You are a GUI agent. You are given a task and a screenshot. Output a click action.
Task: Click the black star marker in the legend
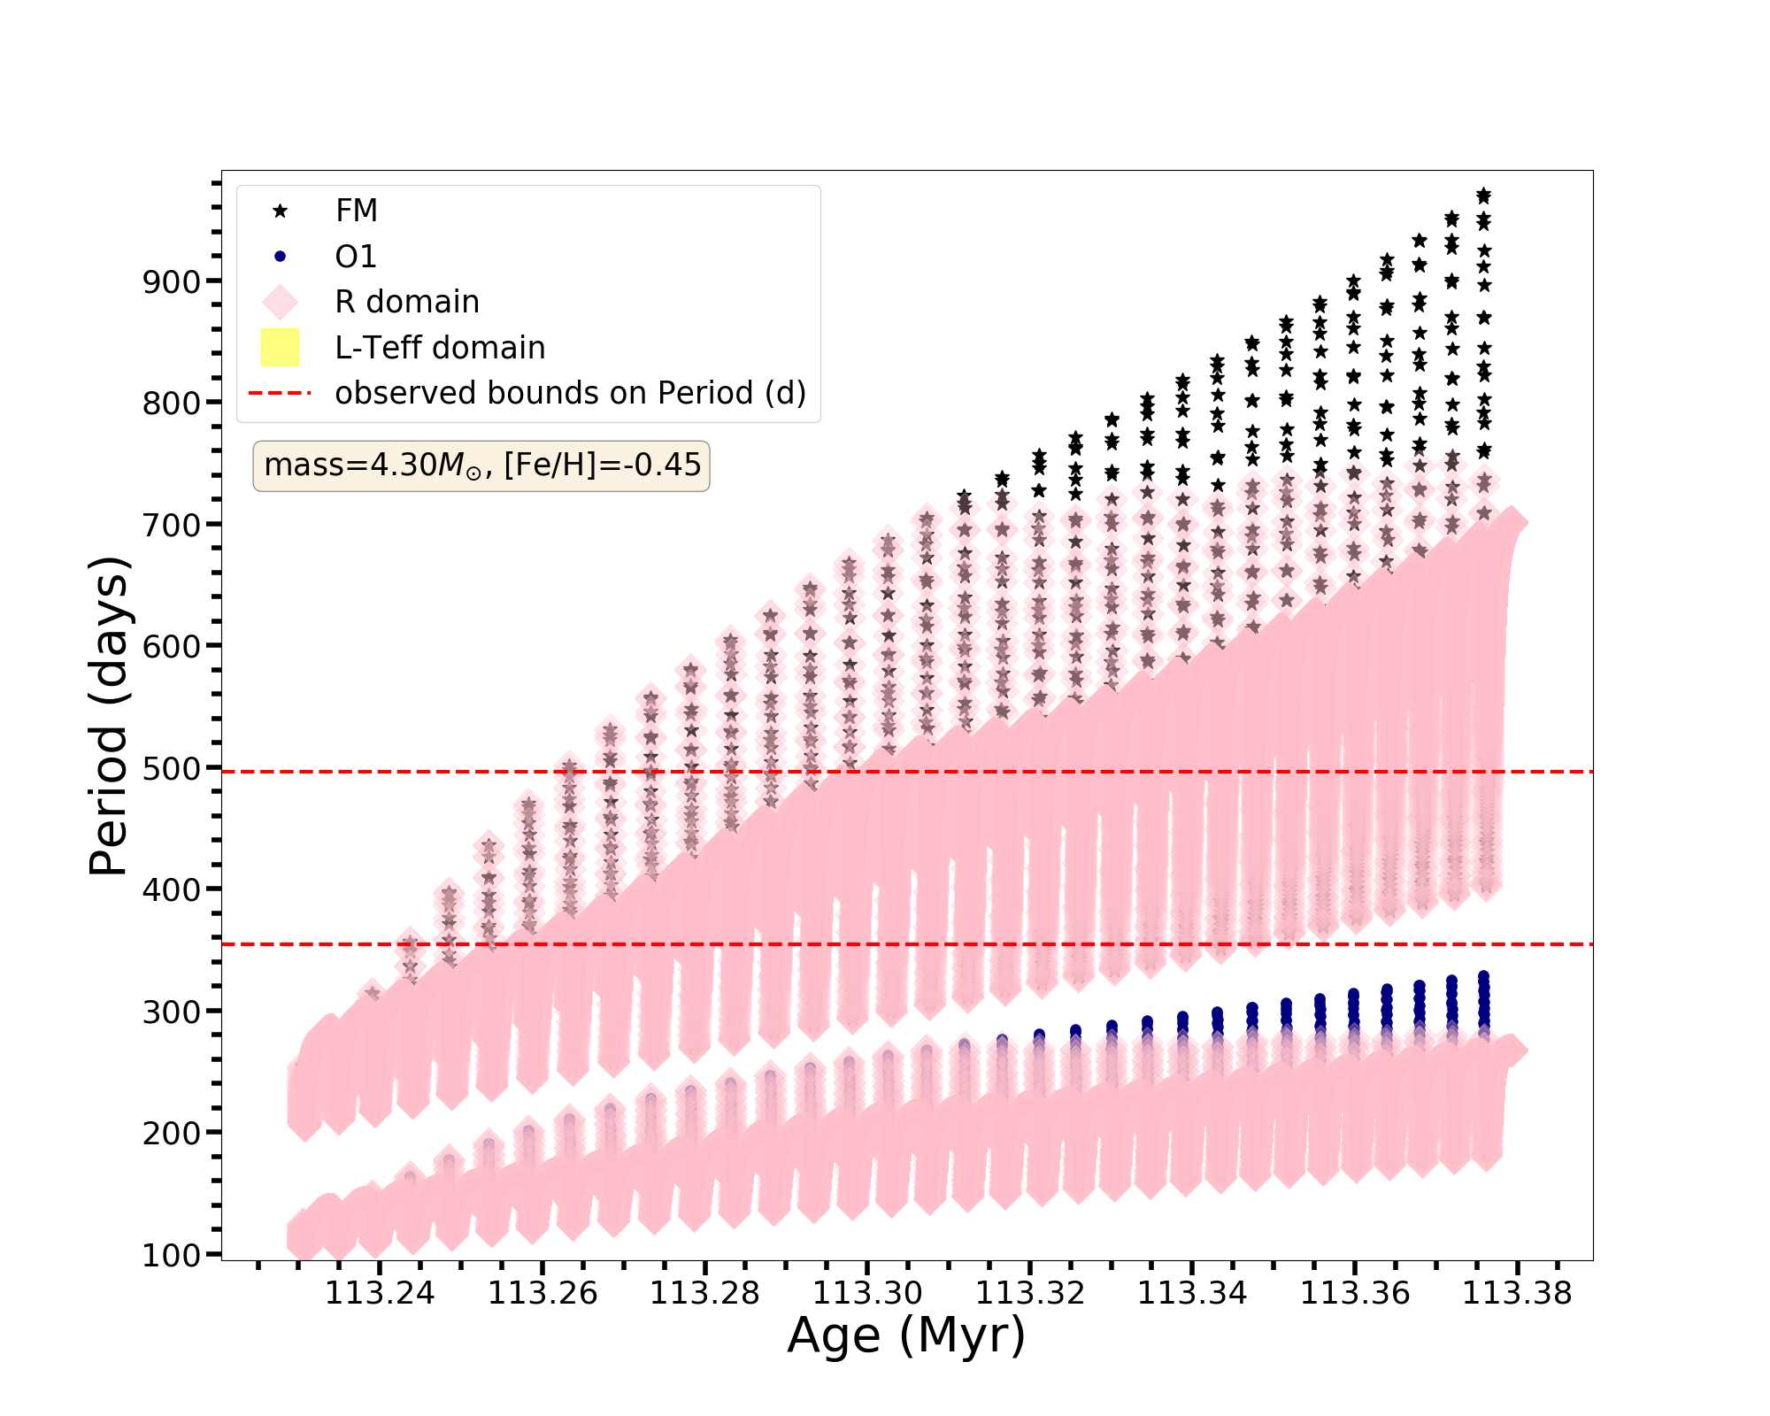click(x=280, y=211)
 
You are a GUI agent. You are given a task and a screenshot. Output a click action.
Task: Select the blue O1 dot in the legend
click(x=280, y=257)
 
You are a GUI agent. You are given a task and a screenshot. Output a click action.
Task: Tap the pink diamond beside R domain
click(x=280, y=302)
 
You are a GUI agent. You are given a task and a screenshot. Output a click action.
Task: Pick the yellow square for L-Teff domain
click(x=280, y=348)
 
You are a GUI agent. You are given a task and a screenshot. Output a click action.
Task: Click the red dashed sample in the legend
click(x=280, y=393)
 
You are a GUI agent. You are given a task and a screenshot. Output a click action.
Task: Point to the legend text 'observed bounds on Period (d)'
click(x=570, y=393)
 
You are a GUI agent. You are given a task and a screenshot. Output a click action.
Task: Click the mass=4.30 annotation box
click(x=481, y=466)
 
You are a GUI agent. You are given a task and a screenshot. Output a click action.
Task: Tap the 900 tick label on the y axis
click(x=171, y=281)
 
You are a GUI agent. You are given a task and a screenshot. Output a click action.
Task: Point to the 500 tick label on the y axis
click(x=171, y=768)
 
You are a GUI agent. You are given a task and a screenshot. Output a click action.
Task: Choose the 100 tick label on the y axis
click(x=171, y=1255)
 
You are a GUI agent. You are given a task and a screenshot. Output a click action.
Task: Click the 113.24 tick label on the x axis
click(x=380, y=1294)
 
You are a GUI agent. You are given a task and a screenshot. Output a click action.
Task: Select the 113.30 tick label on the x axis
click(x=867, y=1294)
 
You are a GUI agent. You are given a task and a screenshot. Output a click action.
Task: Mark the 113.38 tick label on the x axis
click(x=1517, y=1294)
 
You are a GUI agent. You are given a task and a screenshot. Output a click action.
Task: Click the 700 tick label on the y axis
click(x=171, y=525)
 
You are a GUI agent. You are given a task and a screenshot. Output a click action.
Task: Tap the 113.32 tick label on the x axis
click(x=1029, y=1294)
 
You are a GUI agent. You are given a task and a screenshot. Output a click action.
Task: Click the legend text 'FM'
click(x=357, y=211)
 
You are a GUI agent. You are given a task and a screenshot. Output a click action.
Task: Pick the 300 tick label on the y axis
click(x=171, y=1012)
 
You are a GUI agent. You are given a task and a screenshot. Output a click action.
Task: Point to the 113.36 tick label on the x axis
click(x=1354, y=1294)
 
